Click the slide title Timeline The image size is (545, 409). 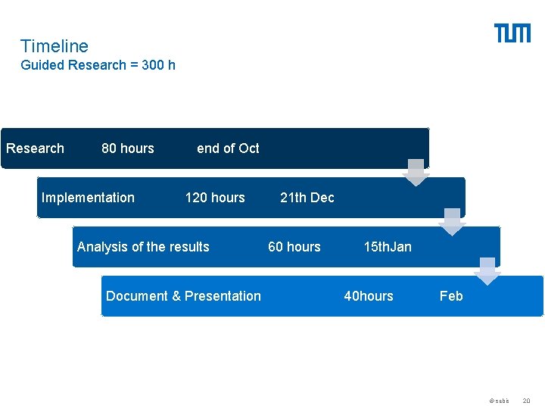point(54,46)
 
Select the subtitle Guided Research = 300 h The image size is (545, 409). point(98,65)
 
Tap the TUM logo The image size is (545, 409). point(512,33)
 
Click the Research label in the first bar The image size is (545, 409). point(35,148)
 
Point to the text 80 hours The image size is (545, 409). point(127,148)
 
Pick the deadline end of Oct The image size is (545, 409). point(228,148)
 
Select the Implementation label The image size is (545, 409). point(88,198)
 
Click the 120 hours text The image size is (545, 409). point(215,198)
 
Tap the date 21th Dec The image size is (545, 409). point(307,198)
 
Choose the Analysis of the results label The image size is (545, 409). point(143,247)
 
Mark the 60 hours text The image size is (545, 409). point(294,247)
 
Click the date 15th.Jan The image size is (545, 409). point(388,247)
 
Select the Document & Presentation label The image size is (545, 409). point(183,296)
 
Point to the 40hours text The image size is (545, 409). point(369,296)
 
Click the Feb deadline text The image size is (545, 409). point(451,296)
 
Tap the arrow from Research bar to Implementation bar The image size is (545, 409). point(416,173)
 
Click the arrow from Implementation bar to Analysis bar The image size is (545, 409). point(452,222)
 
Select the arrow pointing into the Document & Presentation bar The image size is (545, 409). point(487,271)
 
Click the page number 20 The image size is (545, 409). point(527,400)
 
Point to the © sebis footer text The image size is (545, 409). point(499,400)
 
